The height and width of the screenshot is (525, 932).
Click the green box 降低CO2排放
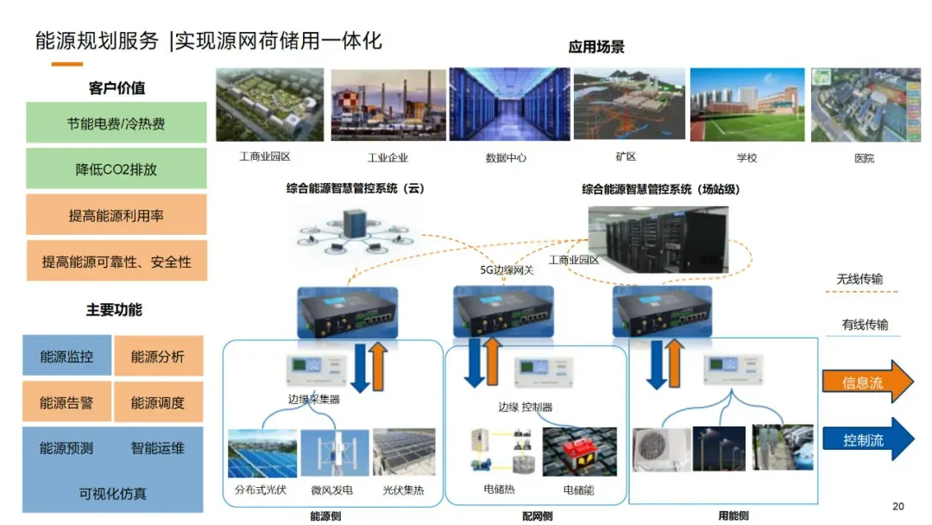116,169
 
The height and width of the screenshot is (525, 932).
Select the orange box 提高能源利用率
116,215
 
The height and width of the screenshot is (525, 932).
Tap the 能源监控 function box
66,357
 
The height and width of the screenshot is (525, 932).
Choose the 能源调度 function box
158,402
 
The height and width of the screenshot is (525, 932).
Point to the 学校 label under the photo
746,158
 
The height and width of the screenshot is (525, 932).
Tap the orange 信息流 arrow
866,383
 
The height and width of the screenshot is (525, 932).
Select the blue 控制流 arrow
866,440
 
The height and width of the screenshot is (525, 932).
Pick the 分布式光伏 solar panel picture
261,452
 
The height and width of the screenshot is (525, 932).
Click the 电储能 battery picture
579,452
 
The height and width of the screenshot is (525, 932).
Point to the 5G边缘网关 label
508,269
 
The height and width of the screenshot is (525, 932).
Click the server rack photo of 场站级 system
658,238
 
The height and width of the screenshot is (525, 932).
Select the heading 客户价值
116,88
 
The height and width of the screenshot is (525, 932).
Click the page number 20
897,506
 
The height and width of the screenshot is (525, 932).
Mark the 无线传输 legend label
860,280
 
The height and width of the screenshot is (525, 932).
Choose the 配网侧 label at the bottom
537,516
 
